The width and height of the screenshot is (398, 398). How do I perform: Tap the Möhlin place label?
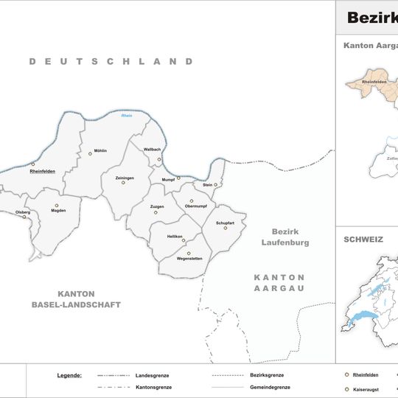click(x=99, y=150)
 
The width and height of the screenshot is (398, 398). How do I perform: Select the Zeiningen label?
click(x=125, y=178)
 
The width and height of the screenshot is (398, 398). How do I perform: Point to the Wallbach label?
click(x=152, y=150)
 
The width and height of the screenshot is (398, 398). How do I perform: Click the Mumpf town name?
click(x=167, y=178)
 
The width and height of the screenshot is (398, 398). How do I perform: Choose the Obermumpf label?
click(x=199, y=206)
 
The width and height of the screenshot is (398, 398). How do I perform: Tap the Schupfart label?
click(x=226, y=223)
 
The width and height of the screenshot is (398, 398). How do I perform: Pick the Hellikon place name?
click(x=175, y=236)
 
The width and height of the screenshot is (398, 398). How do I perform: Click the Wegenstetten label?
click(x=189, y=259)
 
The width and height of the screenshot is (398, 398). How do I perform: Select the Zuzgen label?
click(x=157, y=207)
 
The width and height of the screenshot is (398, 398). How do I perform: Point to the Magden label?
click(x=58, y=211)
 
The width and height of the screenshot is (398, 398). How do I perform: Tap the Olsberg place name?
click(x=23, y=212)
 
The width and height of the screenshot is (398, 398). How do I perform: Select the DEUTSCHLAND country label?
click(x=111, y=61)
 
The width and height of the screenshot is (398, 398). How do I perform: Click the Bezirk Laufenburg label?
click(x=285, y=237)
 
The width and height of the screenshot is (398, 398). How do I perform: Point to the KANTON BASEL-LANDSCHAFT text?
click(x=76, y=299)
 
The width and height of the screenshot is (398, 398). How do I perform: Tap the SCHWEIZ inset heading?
click(x=363, y=240)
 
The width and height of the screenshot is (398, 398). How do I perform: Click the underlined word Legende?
click(x=69, y=375)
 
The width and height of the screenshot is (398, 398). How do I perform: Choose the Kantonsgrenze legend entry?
click(x=153, y=387)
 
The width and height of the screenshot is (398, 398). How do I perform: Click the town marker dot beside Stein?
click(x=216, y=185)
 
